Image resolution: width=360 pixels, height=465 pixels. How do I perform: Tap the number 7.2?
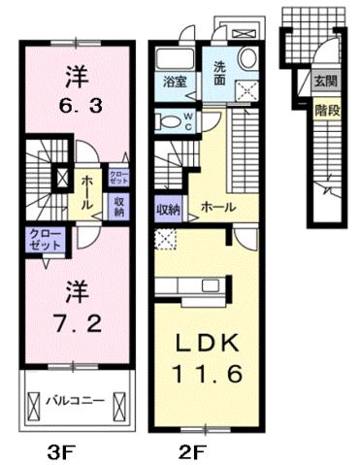point(76,319)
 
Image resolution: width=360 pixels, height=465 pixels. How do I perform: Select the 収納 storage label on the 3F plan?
point(118,205)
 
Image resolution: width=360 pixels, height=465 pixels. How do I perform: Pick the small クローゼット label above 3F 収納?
point(117,176)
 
